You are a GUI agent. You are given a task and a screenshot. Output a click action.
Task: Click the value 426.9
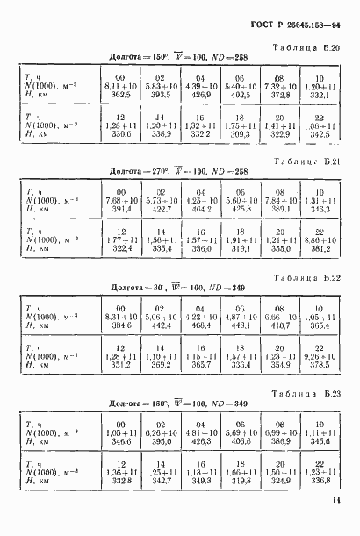click(203, 97)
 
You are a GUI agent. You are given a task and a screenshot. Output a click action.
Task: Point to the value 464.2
click(203, 211)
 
